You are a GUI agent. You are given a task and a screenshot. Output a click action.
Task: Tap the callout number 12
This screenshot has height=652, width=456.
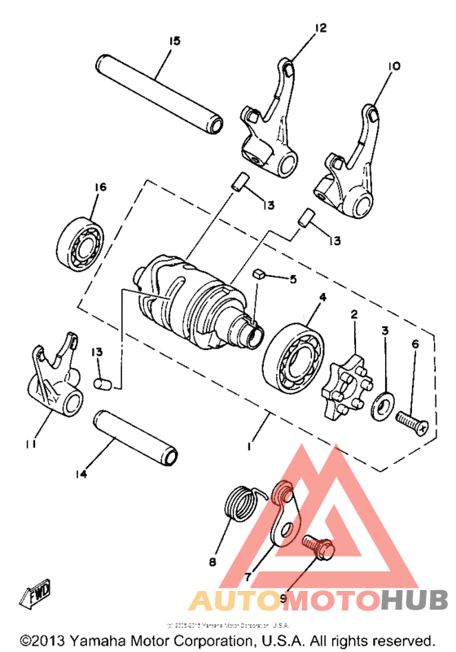click(320, 28)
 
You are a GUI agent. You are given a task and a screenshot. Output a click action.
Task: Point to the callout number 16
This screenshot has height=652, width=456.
click(99, 187)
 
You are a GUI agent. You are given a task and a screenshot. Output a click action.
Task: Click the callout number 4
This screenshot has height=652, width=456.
click(322, 298)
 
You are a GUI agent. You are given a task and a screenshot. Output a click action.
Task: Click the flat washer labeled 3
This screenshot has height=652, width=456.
click(381, 404)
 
